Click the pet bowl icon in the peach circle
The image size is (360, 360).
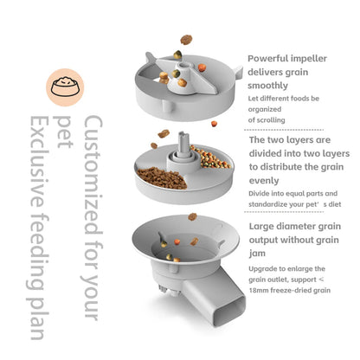point(63,85)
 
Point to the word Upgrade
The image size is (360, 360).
point(266,269)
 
